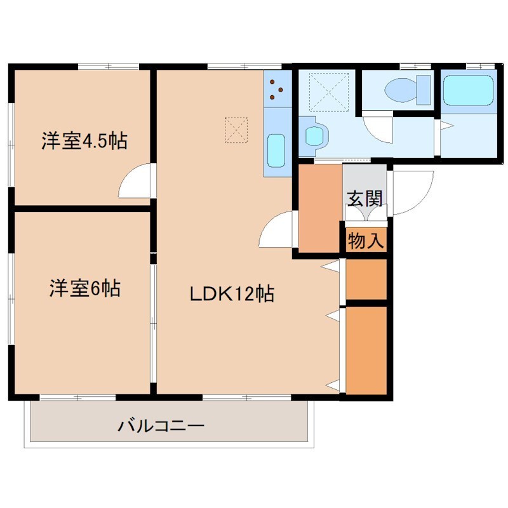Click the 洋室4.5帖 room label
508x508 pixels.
coord(84,140)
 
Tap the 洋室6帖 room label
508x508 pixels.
coord(84,289)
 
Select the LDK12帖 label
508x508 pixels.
coord(232,294)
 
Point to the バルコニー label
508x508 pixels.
coord(161,425)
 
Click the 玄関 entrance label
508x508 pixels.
coord(364,198)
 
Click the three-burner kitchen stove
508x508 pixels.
coord(277,89)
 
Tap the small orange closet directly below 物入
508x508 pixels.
coord(366,278)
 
